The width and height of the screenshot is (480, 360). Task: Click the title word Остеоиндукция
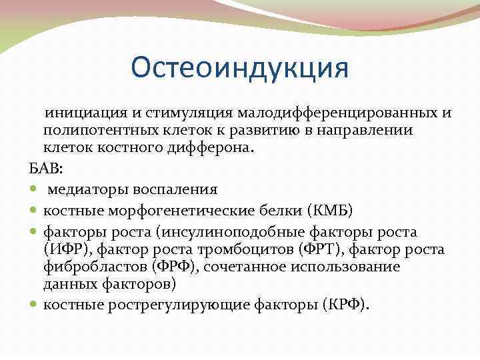pos(240,69)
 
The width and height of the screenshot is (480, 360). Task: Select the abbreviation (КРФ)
pos(345,305)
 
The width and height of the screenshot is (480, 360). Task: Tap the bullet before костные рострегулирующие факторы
pos(35,305)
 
